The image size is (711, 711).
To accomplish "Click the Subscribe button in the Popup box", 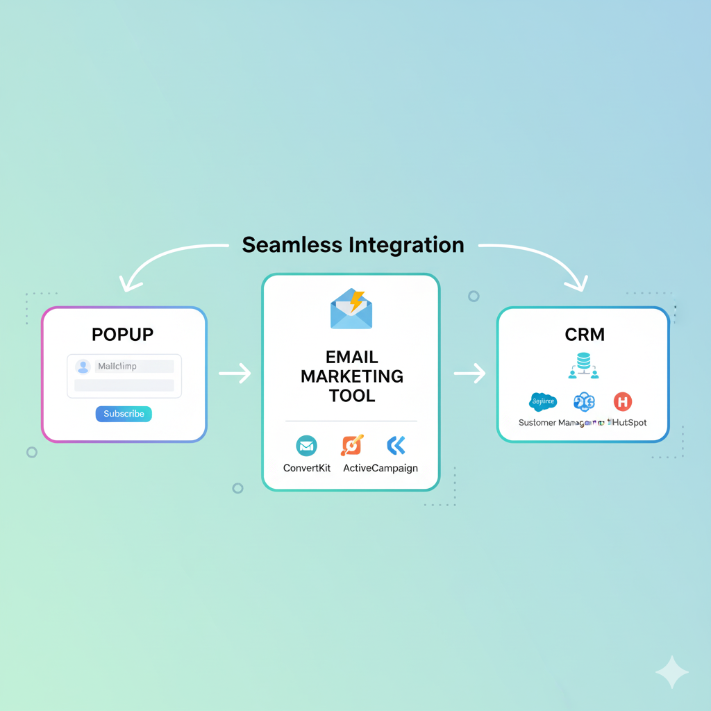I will click(x=124, y=414).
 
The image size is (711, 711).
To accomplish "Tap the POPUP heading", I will click(x=123, y=334).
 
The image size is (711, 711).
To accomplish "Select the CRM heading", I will click(x=585, y=334).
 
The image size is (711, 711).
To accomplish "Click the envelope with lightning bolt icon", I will click(x=351, y=309).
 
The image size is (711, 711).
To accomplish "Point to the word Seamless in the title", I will click(x=292, y=245).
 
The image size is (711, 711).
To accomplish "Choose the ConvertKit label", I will click(x=307, y=468).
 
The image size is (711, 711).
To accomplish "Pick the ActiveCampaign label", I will click(x=380, y=468).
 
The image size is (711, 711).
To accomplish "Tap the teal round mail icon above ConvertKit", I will click(x=306, y=445).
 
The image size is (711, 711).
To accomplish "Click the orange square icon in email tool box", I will click(x=351, y=445).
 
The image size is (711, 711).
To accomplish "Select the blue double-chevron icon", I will click(x=396, y=445).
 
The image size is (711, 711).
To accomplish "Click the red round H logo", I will click(x=623, y=401).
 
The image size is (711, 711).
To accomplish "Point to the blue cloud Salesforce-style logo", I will click(x=543, y=401).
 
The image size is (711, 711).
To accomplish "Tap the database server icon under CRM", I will click(x=583, y=365).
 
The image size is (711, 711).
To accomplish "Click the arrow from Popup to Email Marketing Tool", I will click(x=235, y=374).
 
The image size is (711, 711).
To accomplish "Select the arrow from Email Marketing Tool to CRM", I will click(x=469, y=374).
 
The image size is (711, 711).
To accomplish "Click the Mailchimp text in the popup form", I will click(x=117, y=366).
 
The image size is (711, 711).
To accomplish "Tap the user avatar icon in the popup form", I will click(x=83, y=367).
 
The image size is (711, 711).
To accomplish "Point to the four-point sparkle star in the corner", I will click(x=671, y=671).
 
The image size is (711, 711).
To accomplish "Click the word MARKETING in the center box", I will click(x=351, y=376).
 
